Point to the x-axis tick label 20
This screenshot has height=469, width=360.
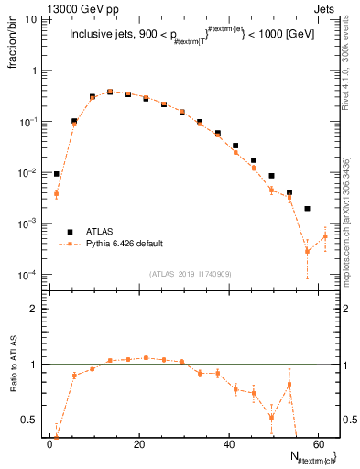138,444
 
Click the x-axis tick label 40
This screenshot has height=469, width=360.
227,444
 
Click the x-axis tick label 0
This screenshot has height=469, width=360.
49,444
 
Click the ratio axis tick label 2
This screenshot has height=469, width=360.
35,309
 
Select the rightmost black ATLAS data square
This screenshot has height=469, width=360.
307,209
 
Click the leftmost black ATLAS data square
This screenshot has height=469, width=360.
57,173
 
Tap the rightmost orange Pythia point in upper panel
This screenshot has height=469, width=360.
324,236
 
